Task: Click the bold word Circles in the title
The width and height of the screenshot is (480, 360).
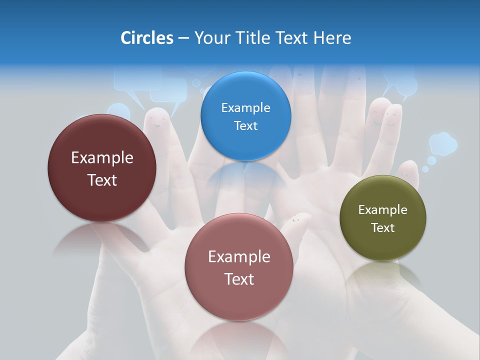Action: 146,38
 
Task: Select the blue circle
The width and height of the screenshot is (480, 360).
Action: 245,116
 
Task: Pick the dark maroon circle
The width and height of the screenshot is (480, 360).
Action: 102,168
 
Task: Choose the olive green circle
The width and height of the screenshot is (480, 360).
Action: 382,218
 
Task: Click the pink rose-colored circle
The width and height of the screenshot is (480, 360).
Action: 239,267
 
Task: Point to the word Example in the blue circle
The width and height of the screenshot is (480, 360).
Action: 245,107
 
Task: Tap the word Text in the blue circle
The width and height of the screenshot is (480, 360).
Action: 245,125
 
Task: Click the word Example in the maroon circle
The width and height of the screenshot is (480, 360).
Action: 102,158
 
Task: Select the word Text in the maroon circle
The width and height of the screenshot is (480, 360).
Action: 102,180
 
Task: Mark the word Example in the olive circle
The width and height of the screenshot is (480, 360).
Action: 382,209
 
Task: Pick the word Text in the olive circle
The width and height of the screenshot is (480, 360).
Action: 382,227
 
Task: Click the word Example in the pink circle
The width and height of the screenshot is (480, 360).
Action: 239,257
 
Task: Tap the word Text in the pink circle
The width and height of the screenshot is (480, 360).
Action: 239,279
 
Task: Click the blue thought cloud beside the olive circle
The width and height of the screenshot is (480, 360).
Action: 442,143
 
